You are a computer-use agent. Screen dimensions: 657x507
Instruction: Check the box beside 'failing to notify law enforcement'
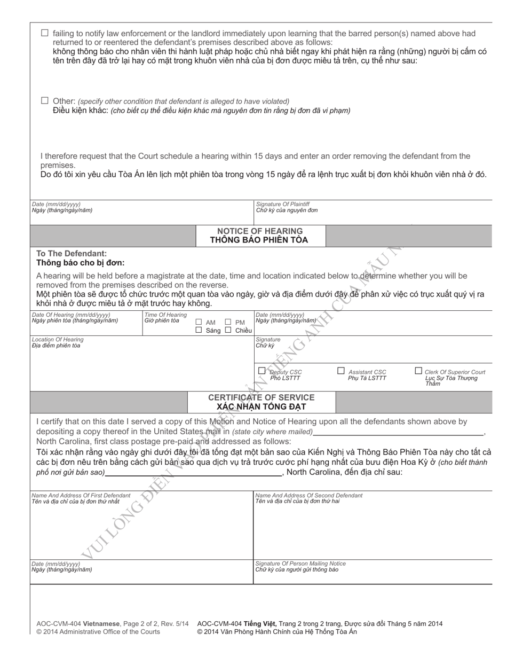(x=45, y=33)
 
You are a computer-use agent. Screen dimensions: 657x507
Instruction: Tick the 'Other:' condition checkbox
(x=45, y=100)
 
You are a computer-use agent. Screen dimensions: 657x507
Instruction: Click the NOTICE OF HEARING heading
(x=259, y=231)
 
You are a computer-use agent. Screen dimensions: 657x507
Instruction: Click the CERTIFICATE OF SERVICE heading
(x=261, y=398)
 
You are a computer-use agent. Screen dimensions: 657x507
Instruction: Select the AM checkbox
(x=199, y=322)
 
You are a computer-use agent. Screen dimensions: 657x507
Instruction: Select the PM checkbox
(x=228, y=322)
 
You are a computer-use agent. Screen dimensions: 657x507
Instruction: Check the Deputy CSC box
(x=262, y=371)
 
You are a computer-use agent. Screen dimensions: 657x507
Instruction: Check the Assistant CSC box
(x=341, y=371)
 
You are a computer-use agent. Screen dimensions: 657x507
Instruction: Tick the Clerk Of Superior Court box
(x=418, y=371)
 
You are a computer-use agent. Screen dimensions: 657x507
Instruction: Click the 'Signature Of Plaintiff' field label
(x=283, y=205)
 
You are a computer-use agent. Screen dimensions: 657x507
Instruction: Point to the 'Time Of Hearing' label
(x=165, y=315)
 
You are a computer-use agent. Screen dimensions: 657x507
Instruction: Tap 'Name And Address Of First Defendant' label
(x=81, y=496)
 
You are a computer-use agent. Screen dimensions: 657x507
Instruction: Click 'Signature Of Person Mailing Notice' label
(x=300, y=564)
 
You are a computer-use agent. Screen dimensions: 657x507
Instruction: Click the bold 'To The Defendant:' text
(x=72, y=254)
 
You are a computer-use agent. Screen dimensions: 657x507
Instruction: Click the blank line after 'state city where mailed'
(x=398, y=433)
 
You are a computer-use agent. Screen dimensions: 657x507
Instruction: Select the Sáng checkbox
(x=199, y=330)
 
